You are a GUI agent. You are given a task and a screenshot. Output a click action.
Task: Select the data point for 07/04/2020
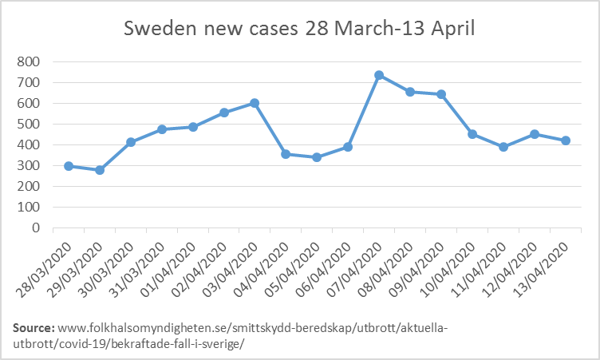click(x=379, y=75)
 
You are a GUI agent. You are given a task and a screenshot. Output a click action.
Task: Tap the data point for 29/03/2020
click(x=100, y=169)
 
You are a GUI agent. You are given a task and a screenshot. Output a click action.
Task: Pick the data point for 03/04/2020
click(x=255, y=103)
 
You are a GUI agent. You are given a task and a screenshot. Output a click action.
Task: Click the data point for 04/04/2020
click(x=286, y=153)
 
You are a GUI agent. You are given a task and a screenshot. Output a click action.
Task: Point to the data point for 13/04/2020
click(x=566, y=140)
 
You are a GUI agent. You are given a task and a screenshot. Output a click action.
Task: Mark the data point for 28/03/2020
click(x=69, y=166)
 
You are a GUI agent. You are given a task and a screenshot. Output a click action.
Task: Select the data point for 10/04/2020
click(x=472, y=134)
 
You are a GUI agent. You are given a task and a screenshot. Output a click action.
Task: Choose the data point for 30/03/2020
click(x=131, y=142)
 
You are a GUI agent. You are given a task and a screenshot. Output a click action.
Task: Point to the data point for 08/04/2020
click(x=410, y=92)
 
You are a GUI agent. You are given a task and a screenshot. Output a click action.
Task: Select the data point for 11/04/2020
click(x=503, y=147)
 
